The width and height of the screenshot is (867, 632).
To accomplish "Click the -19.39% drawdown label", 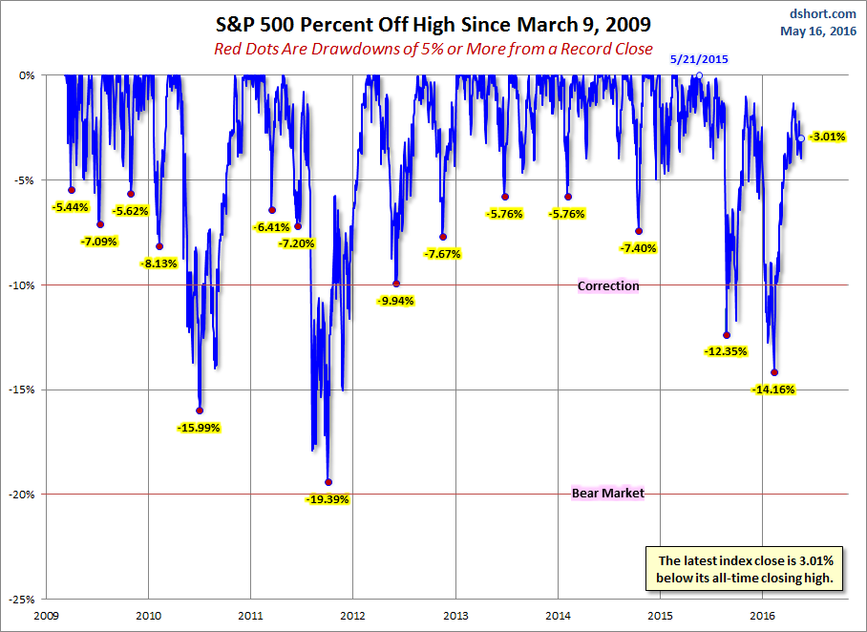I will [x=328, y=499].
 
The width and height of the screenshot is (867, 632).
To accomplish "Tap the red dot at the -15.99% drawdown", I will [x=200, y=411].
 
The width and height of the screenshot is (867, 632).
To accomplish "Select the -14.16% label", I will [x=773, y=390].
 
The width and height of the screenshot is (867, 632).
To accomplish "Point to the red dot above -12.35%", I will [x=727, y=335].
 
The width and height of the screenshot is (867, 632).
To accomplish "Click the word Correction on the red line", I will [x=608, y=286].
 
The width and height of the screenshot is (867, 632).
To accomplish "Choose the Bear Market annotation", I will [x=608, y=494].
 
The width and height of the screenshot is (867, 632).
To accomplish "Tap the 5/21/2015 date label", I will [x=699, y=59].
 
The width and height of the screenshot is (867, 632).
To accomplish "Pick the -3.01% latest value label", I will [x=827, y=137].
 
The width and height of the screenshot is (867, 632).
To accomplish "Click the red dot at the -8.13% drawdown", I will [x=159, y=246].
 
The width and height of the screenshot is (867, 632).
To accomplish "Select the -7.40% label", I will [x=639, y=248].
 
